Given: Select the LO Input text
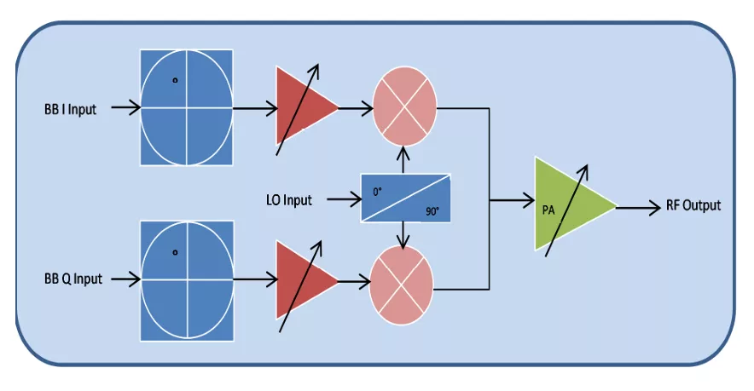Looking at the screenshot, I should pos(289,200).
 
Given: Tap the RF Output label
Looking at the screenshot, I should pos(694,205).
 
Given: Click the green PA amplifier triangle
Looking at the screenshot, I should pos(567,205).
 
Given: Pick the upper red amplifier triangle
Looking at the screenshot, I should pos(303,108).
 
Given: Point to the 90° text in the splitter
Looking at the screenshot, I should pos(431,210).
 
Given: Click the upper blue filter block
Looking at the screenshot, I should pos(187,107).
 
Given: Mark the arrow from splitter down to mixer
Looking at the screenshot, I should pos(402,234).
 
